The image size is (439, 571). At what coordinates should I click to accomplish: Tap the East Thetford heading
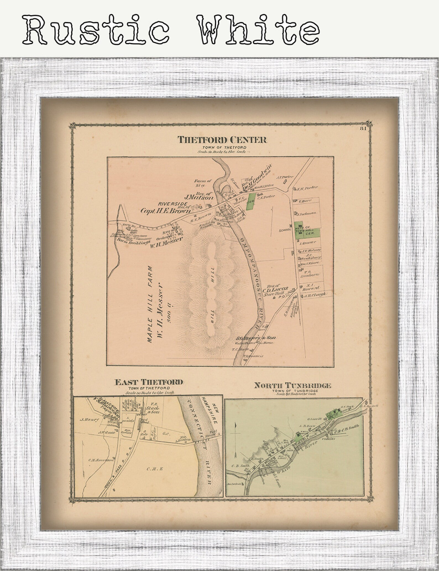149,382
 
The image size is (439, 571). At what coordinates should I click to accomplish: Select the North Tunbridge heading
293,385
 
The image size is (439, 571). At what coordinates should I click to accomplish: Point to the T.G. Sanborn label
309,273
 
